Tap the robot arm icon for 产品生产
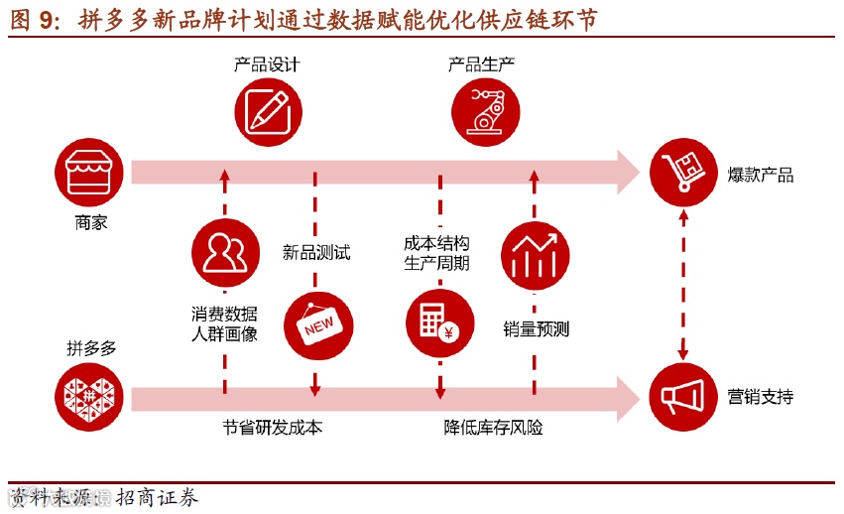[x=486, y=110]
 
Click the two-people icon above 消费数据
[x=225, y=254]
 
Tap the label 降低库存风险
[x=493, y=429]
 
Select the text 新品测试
[x=316, y=253]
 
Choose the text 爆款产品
[x=760, y=176]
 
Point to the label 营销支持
[x=760, y=397]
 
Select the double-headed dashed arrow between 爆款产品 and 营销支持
[x=683, y=286]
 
